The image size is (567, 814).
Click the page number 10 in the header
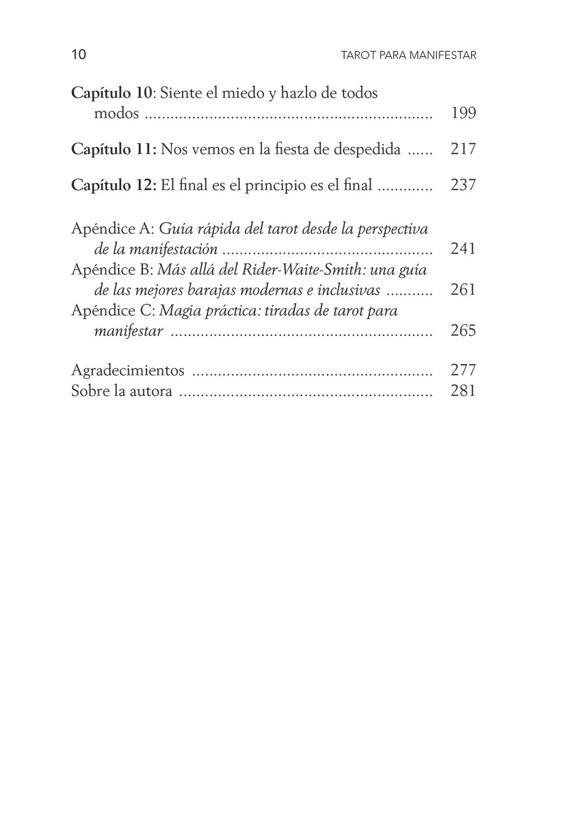(79, 55)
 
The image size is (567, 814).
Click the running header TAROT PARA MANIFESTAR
(408, 55)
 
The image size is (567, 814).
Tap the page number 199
(463, 113)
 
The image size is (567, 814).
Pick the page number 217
(463, 149)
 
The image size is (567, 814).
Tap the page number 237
(463, 185)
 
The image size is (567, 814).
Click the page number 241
(463, 249)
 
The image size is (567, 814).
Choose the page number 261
(463, 290)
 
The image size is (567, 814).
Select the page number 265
(463, 330)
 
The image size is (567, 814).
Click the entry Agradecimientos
(128, 370)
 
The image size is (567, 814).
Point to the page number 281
(463, 391)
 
